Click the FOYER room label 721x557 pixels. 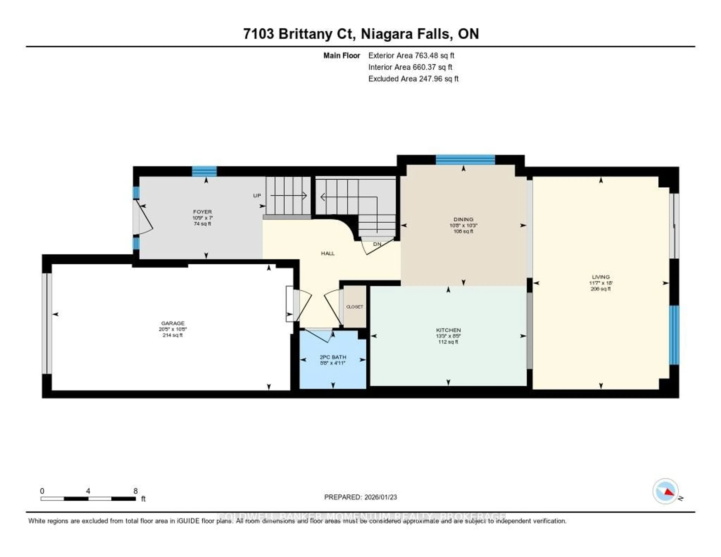coord(202,212)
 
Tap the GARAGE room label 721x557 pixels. coord(173,323)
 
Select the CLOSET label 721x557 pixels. coord(354,307)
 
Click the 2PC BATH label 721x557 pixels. coord(333,357)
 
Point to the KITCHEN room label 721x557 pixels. coord(448,330)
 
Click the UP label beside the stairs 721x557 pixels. coord(257,195)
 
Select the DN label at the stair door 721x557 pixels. coord(377,244)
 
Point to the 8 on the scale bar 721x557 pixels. coord(135,491)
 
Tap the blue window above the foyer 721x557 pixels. coord(204,171)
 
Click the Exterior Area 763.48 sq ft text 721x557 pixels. coord(411,55)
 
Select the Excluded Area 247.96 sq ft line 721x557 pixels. coord(413,78)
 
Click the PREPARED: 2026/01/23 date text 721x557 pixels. coord(360,497)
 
